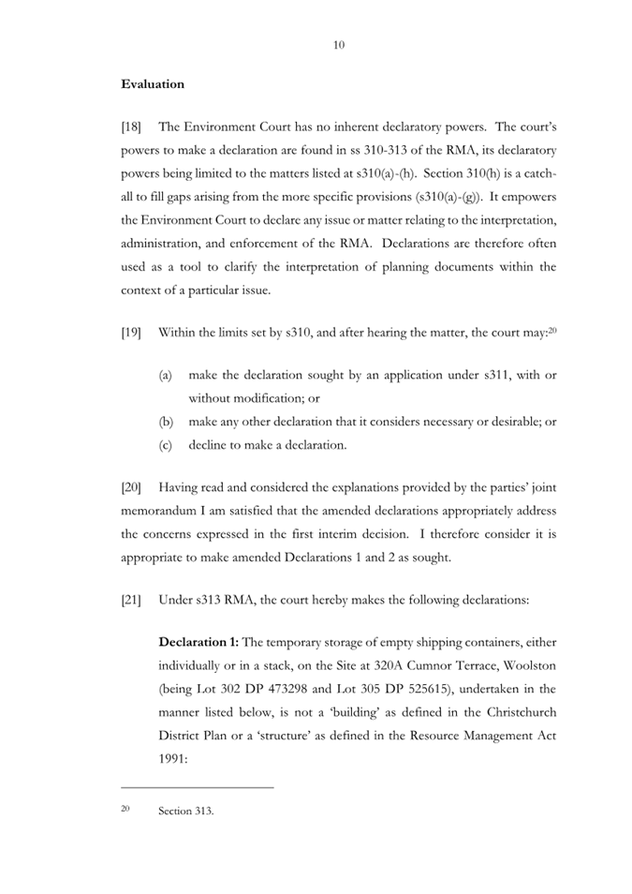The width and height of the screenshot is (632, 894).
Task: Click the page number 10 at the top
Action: [x=339, y=45]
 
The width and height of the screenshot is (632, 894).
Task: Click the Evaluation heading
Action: [x=153, y=84]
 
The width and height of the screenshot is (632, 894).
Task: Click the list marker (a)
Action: [x=165, y=375]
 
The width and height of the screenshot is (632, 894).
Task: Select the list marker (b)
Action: [x=165, y=422]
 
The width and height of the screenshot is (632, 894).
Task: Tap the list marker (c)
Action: [x=165, y=445]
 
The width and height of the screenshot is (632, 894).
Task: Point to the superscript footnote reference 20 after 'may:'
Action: [x=551, y=329]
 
